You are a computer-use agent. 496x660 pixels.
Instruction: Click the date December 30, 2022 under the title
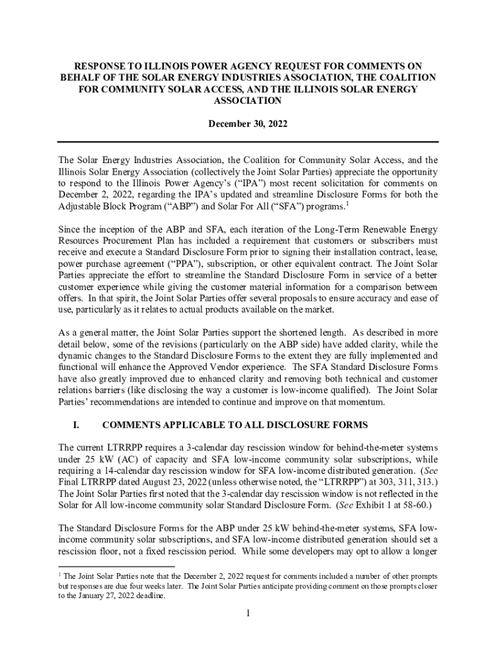click(247, 123)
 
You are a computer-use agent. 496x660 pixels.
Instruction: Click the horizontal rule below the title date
click(248, 142)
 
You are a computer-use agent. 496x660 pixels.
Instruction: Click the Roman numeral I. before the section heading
click(76, 425)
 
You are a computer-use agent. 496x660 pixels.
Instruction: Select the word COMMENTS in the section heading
click(133, 425)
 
